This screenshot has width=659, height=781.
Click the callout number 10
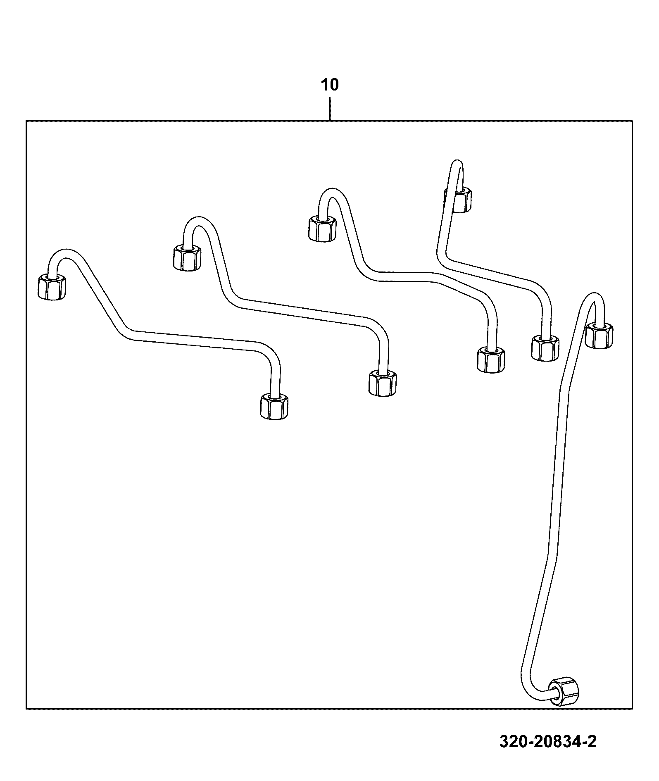(330, 85)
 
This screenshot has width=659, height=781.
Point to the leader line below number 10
(330, 108)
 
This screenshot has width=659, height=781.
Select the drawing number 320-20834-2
(548, 741)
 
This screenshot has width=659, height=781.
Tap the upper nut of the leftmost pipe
(52, 287)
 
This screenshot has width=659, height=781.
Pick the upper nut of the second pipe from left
(187, 257)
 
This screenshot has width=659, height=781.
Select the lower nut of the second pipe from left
(382, 383)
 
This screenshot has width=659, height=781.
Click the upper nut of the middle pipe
(322, 228)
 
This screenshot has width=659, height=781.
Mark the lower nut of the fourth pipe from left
(545, 348)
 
